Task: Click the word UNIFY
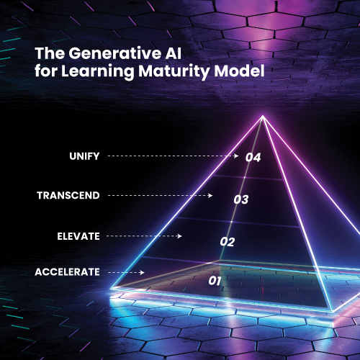(x=84, y=156)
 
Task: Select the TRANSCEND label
(x=68, y=195)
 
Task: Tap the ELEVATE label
(x=78, y=236)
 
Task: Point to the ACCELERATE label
(x=67, y=272)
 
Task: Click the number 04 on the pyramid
(x=253, y=158)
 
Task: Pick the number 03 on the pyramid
(x=241, y=199)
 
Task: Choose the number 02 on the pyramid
(x=228, y=242)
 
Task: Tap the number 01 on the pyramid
(x=215, y=281)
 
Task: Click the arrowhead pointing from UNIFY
(x=236, y=156)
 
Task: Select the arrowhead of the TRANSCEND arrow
(x=210, y=196)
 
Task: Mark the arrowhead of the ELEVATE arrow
(x=179, y=236)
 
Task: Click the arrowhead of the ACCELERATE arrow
(x=142, y=272)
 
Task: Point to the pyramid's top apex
(x=263, y=116)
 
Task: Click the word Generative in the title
(x=115, y=53)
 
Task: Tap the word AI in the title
(x=173, y=53)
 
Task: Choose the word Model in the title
(x=239, y=71)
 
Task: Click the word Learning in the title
(x=97, y=72)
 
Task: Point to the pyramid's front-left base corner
(x=112, y=288)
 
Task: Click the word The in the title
(x=50, y=53)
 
